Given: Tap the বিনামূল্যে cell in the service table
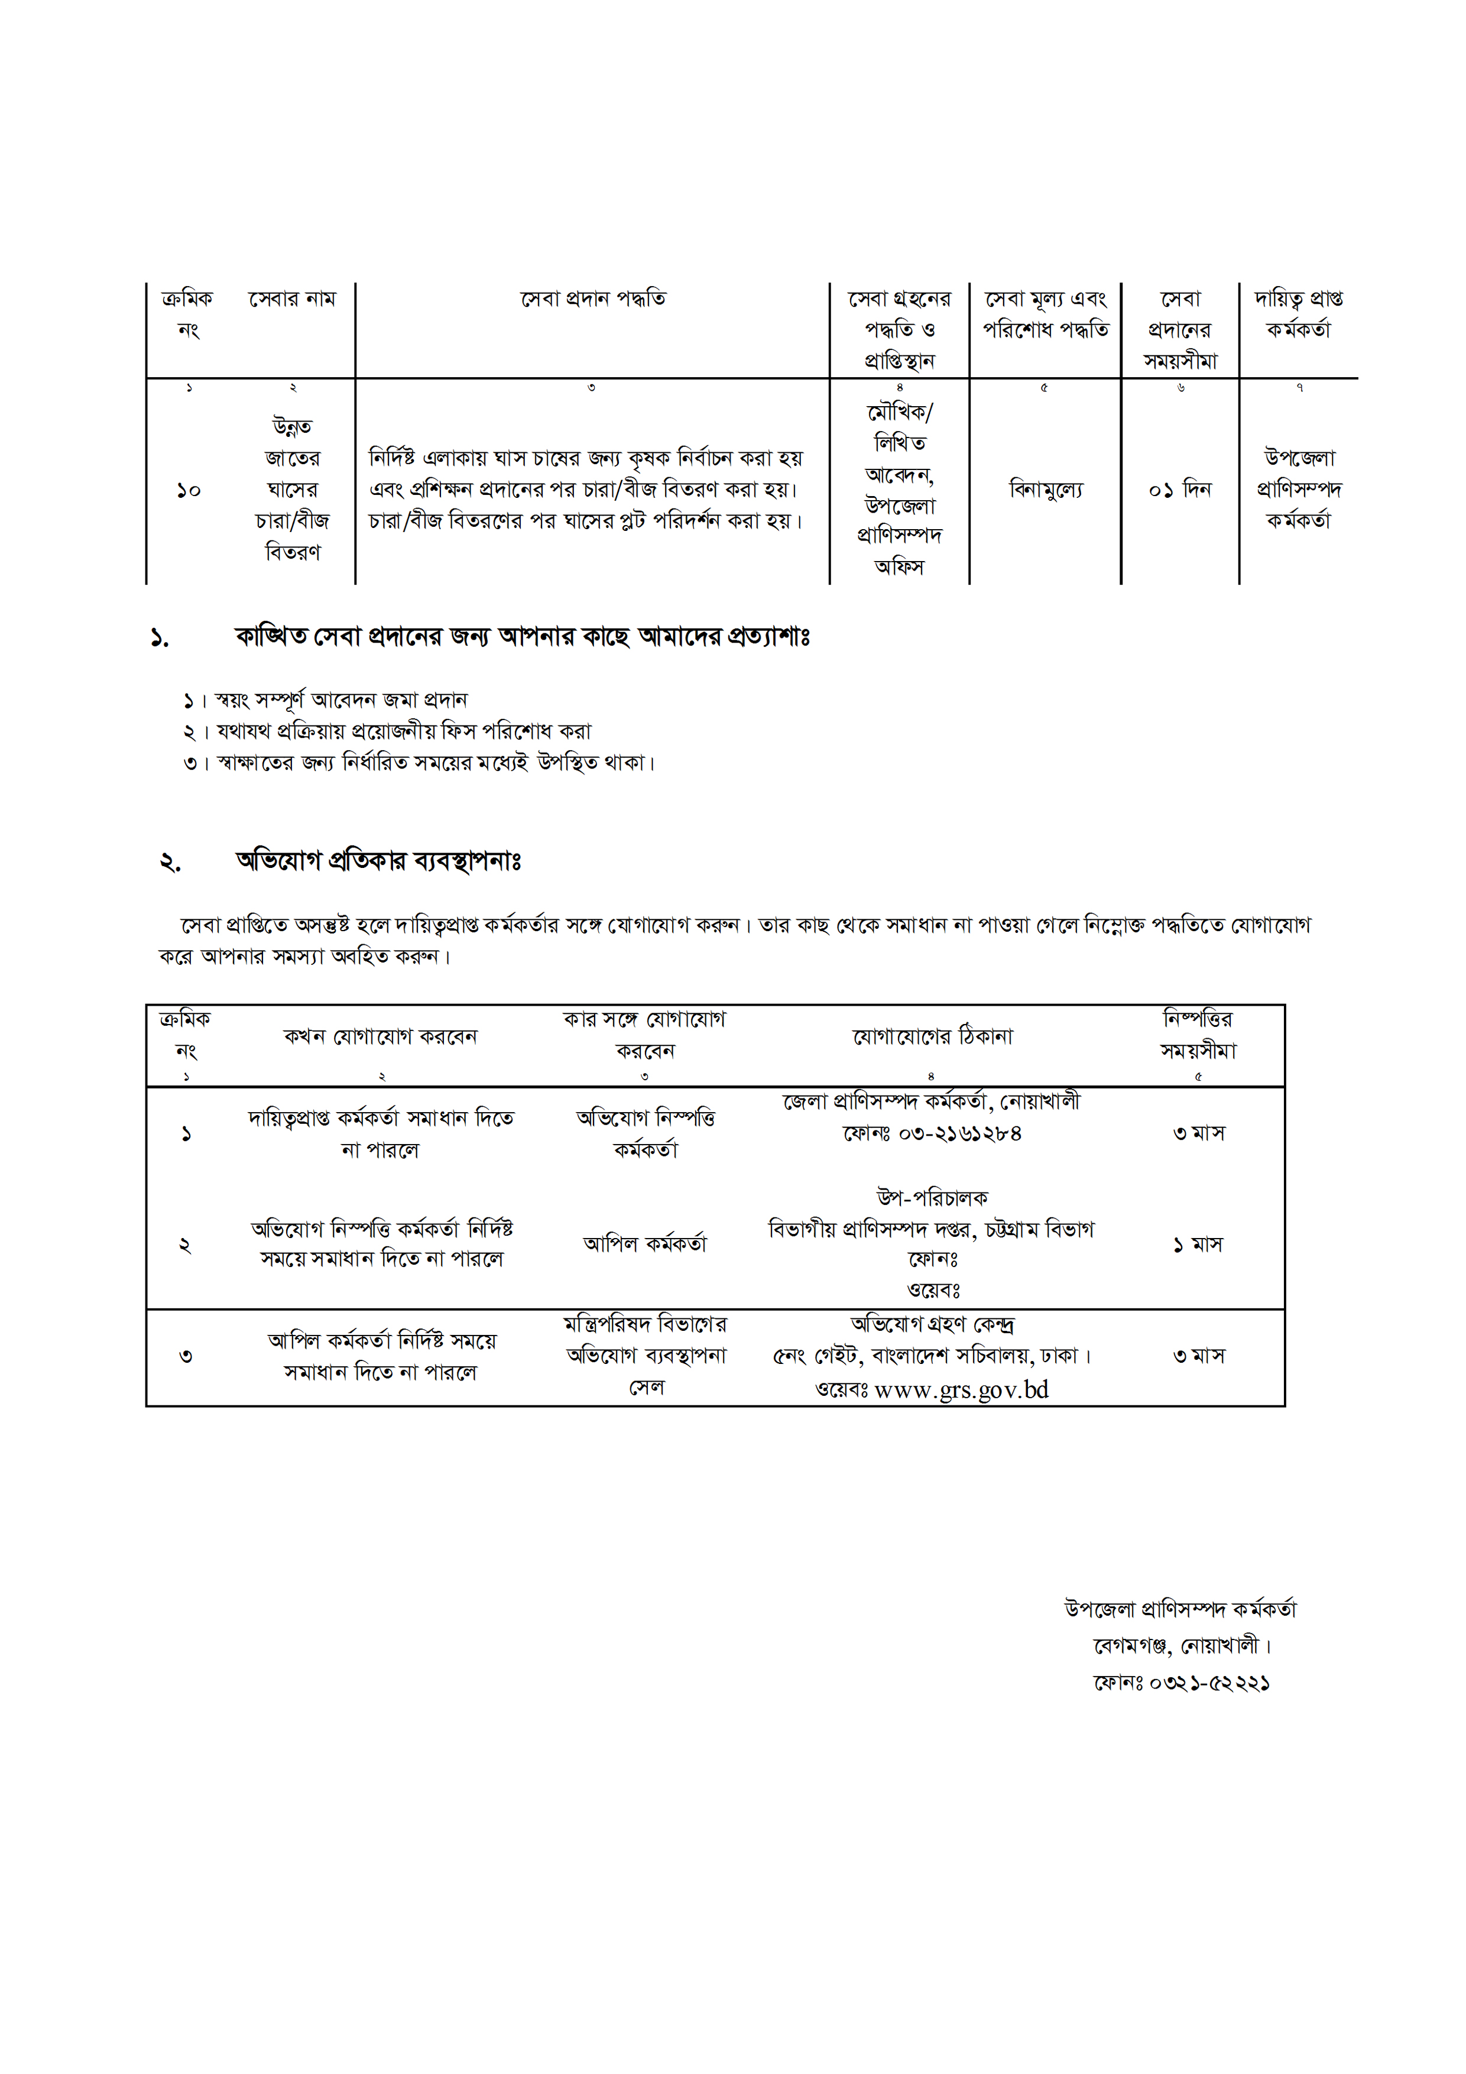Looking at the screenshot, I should click(x=1045, y=490).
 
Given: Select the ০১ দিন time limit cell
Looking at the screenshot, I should click(x=1180, y=490).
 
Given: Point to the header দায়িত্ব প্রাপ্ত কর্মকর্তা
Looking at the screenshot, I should click(x=1298, y=313).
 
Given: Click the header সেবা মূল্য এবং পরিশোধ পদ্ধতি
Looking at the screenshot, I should click(x=1045, y=313).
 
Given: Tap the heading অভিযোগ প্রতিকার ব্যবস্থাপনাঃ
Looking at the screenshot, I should click(x=378, y=861).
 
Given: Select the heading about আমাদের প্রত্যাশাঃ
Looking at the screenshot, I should click(x=522, y=637).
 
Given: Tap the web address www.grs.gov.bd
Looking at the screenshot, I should click(x=961, y=1389).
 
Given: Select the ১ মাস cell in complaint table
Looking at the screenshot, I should click(x=1198, y=1245).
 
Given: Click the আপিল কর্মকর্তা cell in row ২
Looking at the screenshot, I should click(x=645, y=1244).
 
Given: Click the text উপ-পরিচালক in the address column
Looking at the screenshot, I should click(x=932, y=1198).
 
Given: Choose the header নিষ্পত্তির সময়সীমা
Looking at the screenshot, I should click(x=1198, y=1035).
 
